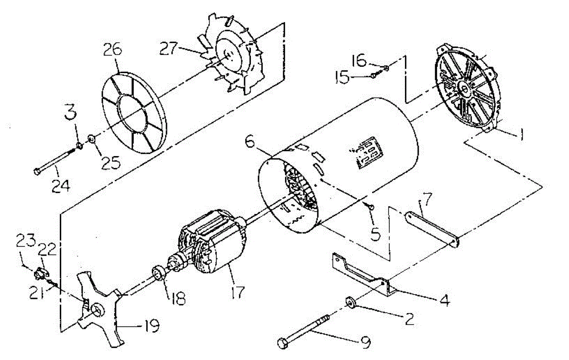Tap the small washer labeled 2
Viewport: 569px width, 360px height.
coord(351,302)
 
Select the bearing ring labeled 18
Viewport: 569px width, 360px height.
coord(159,274)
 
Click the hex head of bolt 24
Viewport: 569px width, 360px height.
coord(37,170)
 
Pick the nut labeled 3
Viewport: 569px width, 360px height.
coord(80,145)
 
